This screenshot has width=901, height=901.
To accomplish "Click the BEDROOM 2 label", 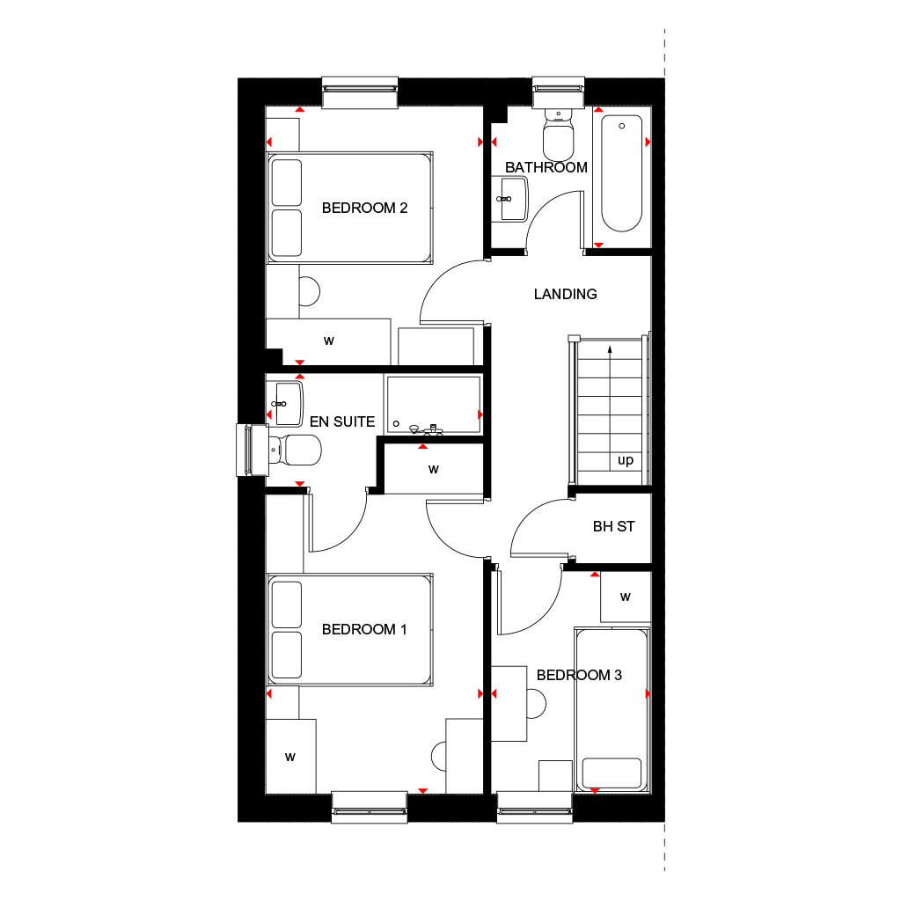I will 364,209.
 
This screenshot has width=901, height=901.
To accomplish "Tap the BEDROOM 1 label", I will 364,629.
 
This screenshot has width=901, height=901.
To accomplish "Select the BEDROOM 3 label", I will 579,675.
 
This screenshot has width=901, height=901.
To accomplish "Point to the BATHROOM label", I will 546,167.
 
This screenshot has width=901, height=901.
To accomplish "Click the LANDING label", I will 565,294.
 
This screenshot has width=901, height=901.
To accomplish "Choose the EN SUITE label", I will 342,421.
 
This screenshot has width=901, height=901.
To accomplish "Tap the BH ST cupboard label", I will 613,527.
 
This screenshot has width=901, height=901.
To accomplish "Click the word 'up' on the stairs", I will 626,460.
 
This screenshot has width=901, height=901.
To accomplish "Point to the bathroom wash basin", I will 509,198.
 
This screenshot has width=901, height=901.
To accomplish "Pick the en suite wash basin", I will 286,399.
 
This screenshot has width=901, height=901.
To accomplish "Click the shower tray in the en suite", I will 433,405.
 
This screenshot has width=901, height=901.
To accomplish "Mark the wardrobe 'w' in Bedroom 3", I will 626,597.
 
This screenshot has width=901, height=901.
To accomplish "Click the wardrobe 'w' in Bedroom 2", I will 328,341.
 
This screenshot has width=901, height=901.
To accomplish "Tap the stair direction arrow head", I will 611,348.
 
